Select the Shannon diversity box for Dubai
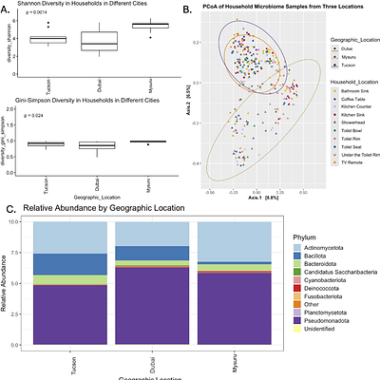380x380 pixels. click(x=92, y=41)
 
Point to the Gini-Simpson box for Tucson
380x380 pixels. click(x=41, y=143)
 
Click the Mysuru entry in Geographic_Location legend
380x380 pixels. click(x=337, y=56)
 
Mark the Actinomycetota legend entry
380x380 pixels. click(x=321, y=246)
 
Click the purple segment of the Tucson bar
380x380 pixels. click(x=70, y=318)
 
